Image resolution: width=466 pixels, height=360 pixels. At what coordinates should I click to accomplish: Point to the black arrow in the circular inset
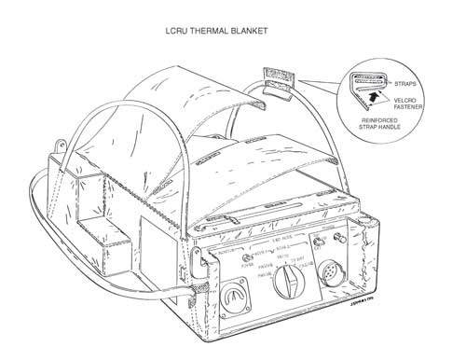(x=375, y=94)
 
